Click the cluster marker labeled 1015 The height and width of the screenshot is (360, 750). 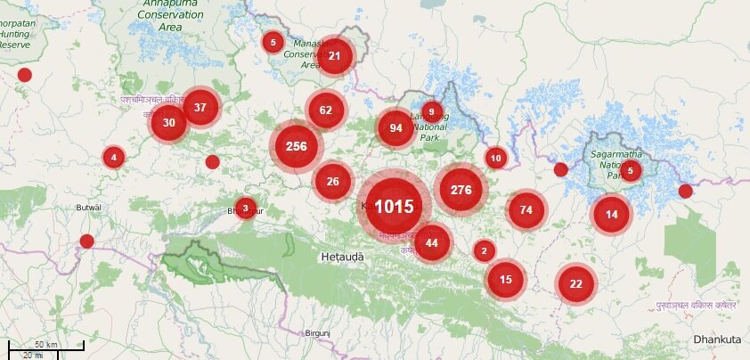click(x=394, y=206)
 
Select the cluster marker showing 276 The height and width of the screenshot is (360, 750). click(x=461, y=189)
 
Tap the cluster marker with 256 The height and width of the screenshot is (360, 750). click(x=297, y=147)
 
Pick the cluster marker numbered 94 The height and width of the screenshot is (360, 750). click(x=396, y=127)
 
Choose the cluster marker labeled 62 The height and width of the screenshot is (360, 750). click(x=326, y=110)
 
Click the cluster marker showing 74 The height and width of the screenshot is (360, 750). click(x=526, y=210)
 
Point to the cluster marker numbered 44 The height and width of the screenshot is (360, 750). click(x=432, y=243)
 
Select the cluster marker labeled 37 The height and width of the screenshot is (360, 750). click(x=200, y=108)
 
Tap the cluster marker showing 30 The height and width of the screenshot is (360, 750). click(x=169, y=123)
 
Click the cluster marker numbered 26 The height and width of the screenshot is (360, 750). click(x=333, y=182)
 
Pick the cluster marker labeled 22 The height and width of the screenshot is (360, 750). click(x=576, y=283)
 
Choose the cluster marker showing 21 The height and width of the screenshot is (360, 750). click(x=335, y=56)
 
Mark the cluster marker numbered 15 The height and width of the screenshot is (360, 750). click(x=506, y=280)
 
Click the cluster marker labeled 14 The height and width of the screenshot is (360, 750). click(x=611, y=214)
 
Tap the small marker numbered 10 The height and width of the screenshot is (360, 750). click(x=496, y=159)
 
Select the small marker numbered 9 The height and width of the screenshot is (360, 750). click(x=432, y=112)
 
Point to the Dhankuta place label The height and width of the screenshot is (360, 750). click(x=717, y=340)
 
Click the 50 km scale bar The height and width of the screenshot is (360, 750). click(x=45, y=345)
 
